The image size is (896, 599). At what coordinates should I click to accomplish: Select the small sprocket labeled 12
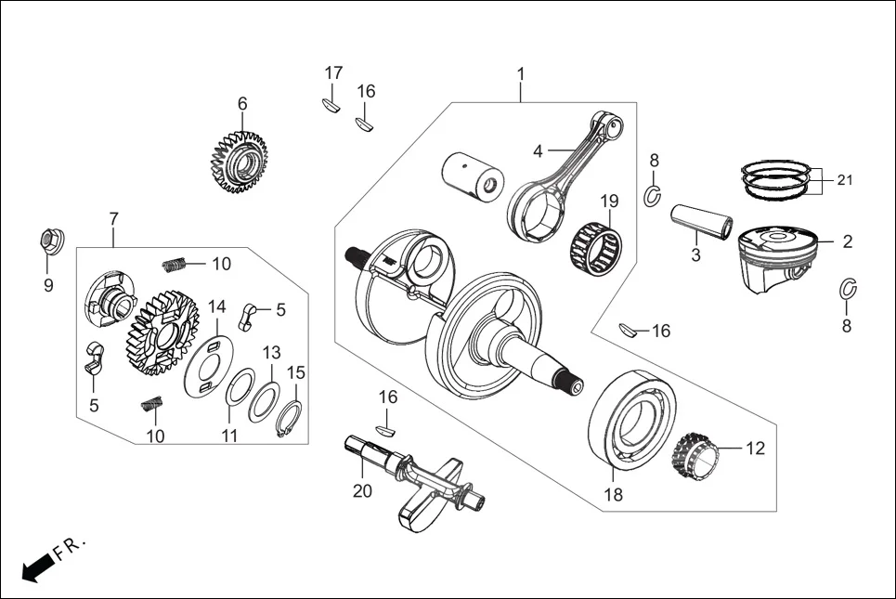695,456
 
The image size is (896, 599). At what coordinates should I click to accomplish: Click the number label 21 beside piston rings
844,180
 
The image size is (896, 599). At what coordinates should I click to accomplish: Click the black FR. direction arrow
35,567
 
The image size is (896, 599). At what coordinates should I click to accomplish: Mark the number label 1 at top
521,73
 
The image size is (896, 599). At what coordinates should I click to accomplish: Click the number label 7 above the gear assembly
113,219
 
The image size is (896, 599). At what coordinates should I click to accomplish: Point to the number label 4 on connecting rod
538,150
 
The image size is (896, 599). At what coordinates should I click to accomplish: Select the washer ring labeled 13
266,400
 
